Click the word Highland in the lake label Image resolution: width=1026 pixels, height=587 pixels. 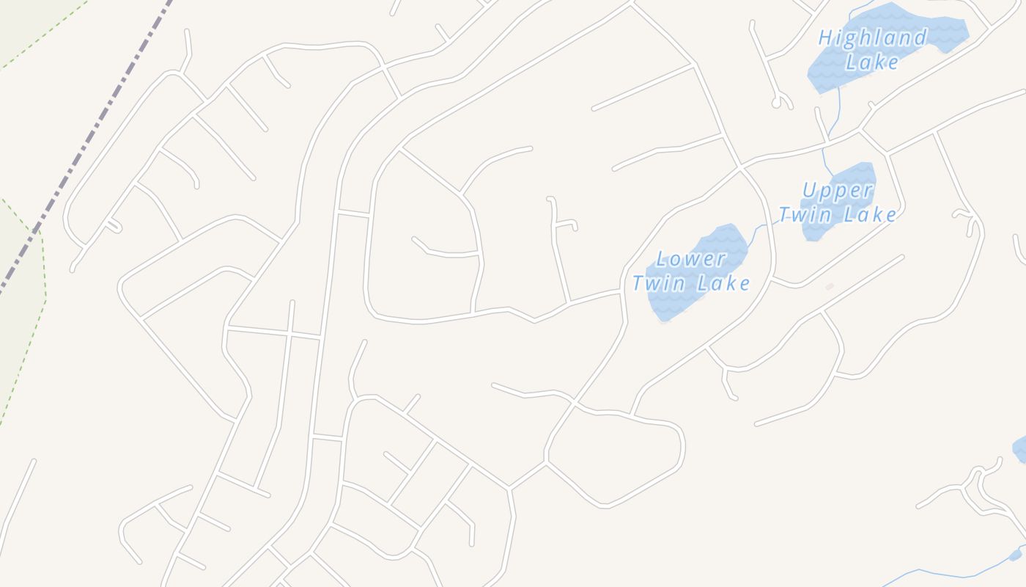(x=872, y=37)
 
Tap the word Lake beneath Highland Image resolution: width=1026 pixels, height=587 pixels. (x=871, y=62)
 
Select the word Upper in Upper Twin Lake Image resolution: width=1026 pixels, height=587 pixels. (x=838, y=191)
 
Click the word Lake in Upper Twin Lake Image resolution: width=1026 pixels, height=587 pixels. (x=869, y=215)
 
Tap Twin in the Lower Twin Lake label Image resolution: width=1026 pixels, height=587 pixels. (x=657, y=283)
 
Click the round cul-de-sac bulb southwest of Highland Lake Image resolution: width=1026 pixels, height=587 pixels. (x=777, y=103)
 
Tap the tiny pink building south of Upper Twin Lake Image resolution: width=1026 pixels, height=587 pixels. (x=830, y=286)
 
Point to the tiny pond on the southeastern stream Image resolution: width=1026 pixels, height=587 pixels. (x=1015, y=555)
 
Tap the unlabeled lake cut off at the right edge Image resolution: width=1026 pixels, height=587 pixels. (x=1019, y=448)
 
